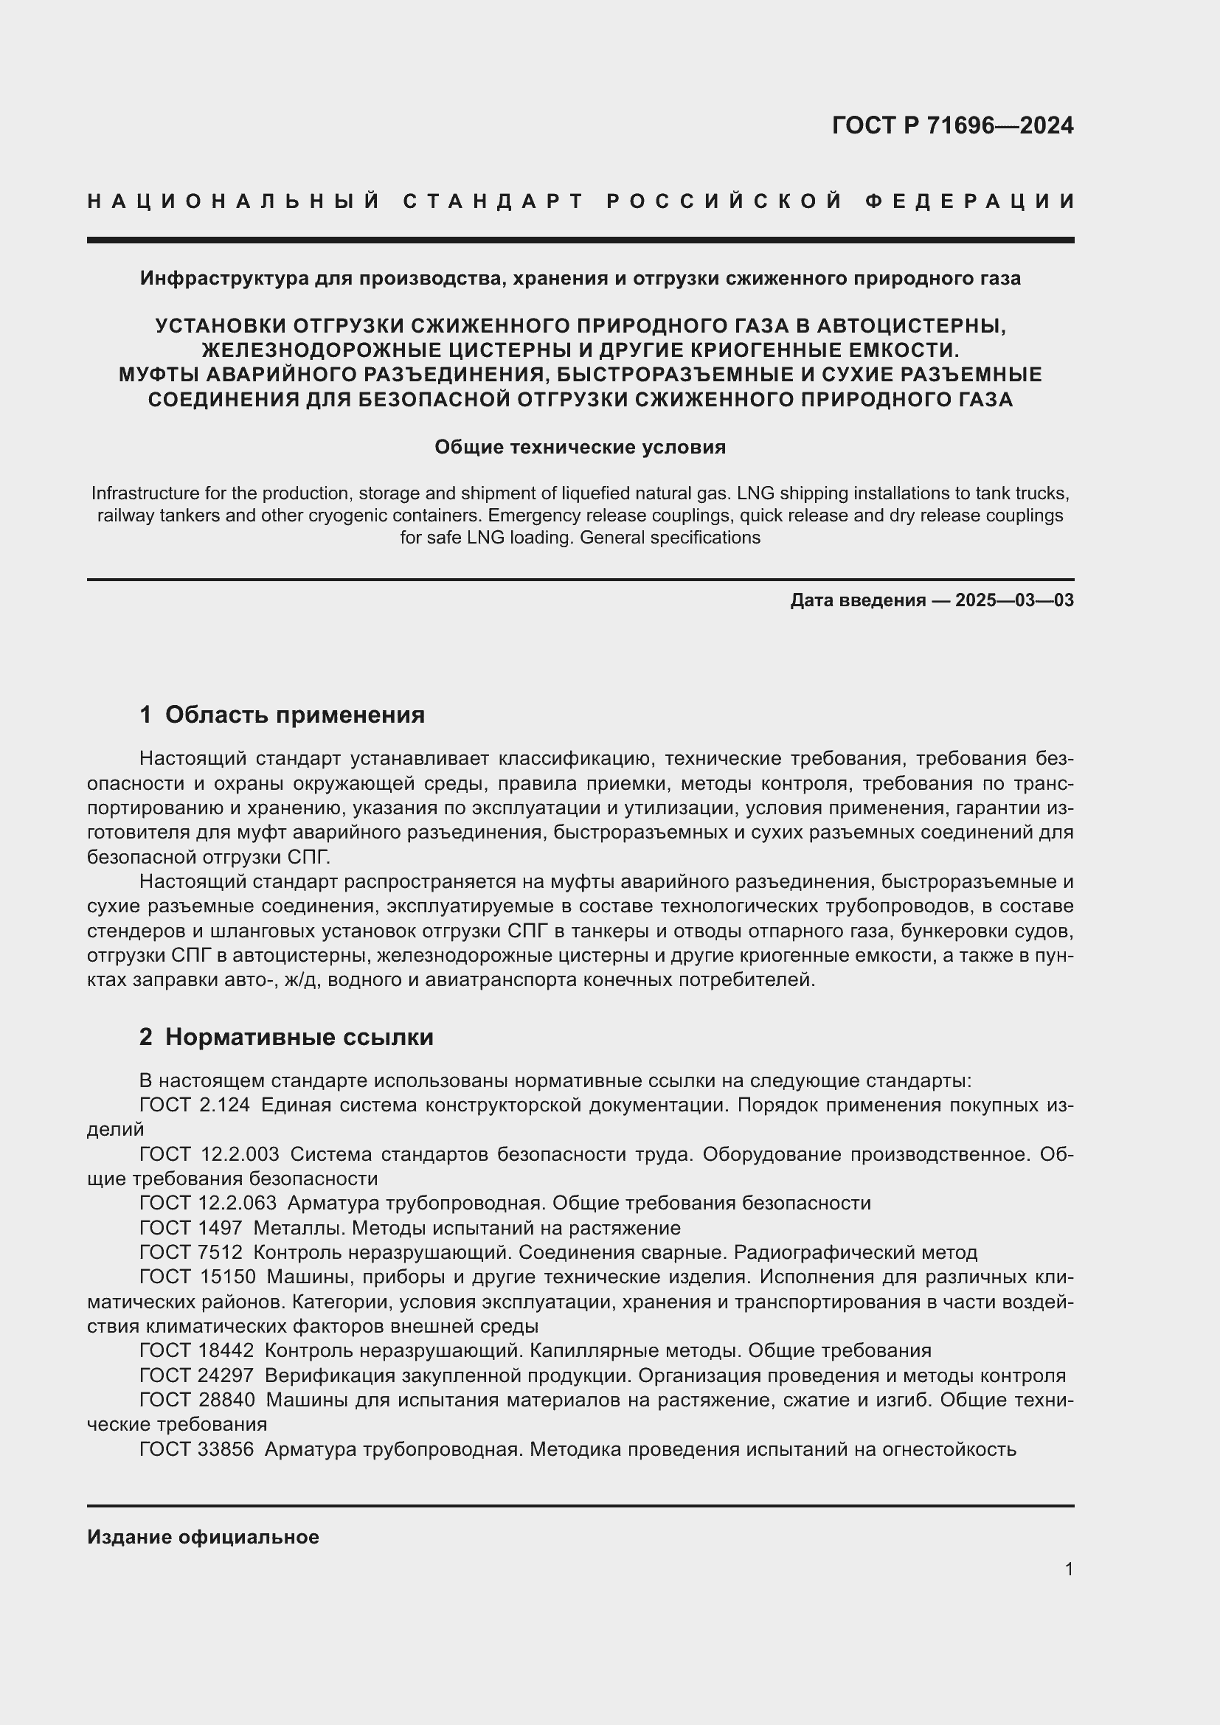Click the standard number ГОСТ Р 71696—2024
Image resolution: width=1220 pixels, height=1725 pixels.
(x=952, y=125)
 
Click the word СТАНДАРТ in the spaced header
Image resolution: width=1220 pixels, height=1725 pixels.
(x=493, y=201)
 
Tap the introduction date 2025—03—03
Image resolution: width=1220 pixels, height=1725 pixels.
(x=1014, y=600)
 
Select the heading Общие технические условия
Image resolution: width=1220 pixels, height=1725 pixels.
(x=580, y=447)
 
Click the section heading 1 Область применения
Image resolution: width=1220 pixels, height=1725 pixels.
(x=282, y=715)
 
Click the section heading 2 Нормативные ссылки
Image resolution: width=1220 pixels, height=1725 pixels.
(x=286, y=1037)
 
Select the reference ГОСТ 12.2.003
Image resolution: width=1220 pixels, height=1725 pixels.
(x=209, y=1154)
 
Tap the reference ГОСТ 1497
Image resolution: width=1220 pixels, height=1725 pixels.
(x=191, y=1228)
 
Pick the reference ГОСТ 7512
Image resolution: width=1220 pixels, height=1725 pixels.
(x=191, y=1252)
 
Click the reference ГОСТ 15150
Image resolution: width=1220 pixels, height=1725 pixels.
(x=197, y=1277)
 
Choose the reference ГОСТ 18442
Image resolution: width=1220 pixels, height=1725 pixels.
(x=197, y=1350)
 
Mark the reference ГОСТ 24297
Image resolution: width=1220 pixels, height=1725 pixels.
(x=197, y=1375)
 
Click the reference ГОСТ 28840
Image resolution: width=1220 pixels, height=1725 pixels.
(x=197, y=1400)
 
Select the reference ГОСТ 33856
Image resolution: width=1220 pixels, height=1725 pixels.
(x=197, y=1448)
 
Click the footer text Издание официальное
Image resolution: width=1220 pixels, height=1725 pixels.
(x=203, y=1536)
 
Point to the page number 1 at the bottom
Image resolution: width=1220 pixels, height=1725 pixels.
(x=1068, y=1569)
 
